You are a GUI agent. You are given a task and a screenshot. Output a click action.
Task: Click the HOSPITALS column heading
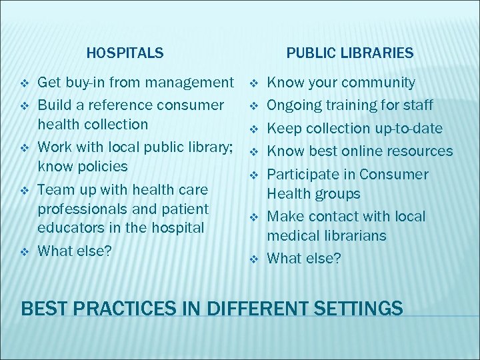coord(125,52)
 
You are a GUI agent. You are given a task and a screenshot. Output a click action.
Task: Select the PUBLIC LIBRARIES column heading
coord(350,52)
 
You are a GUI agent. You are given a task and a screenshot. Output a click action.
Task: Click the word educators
coord(69,228)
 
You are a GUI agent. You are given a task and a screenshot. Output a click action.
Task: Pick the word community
coord(378,83)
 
